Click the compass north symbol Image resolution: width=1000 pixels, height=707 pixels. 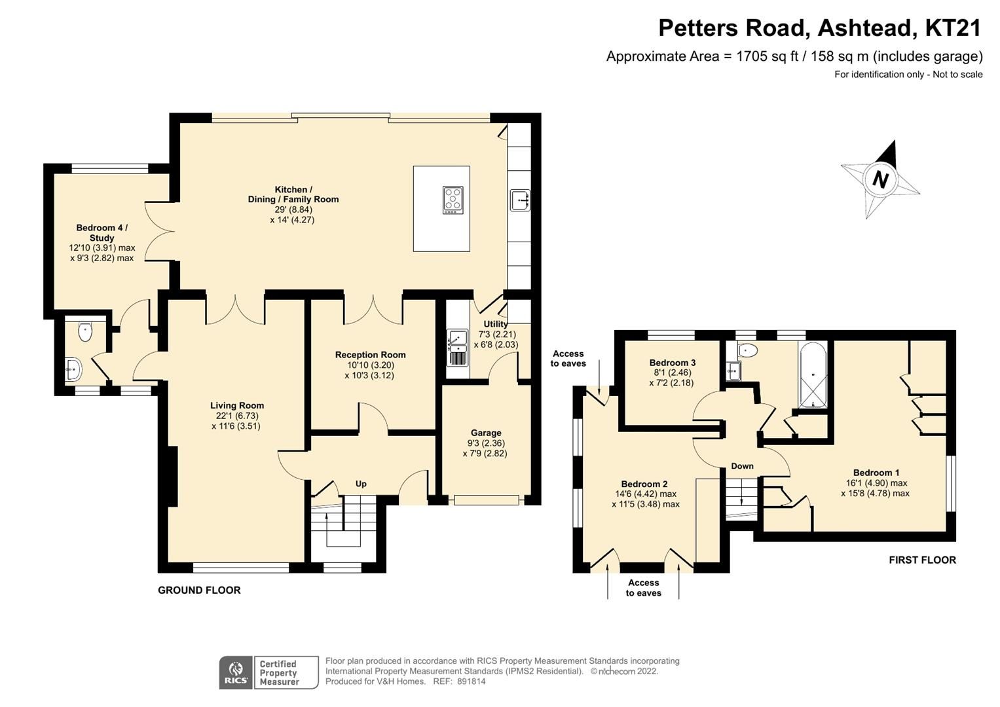(880, 179)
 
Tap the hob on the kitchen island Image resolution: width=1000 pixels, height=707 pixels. (453, 200)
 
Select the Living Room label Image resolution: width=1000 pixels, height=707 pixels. (236, 406)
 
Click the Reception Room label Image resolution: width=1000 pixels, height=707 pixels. (370, 355)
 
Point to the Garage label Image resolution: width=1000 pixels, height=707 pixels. (486, 433)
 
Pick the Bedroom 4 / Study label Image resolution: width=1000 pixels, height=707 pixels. (102, 233)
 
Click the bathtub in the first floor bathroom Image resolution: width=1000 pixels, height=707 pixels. (813, 375)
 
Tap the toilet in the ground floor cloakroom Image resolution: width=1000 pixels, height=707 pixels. (85, 331)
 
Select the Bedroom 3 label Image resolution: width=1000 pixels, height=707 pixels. (672, 363)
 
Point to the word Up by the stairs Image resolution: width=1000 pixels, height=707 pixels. (361, 484)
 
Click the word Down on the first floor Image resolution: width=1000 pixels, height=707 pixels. (742, 466)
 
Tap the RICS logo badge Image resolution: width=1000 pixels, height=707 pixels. (236, 672)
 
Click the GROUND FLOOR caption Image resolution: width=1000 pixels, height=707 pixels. (199, 590)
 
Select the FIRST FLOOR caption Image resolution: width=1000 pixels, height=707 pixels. (922, 560)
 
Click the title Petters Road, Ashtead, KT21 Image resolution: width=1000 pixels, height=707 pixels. (820, 28)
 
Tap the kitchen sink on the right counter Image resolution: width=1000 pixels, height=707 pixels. (520, 200)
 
